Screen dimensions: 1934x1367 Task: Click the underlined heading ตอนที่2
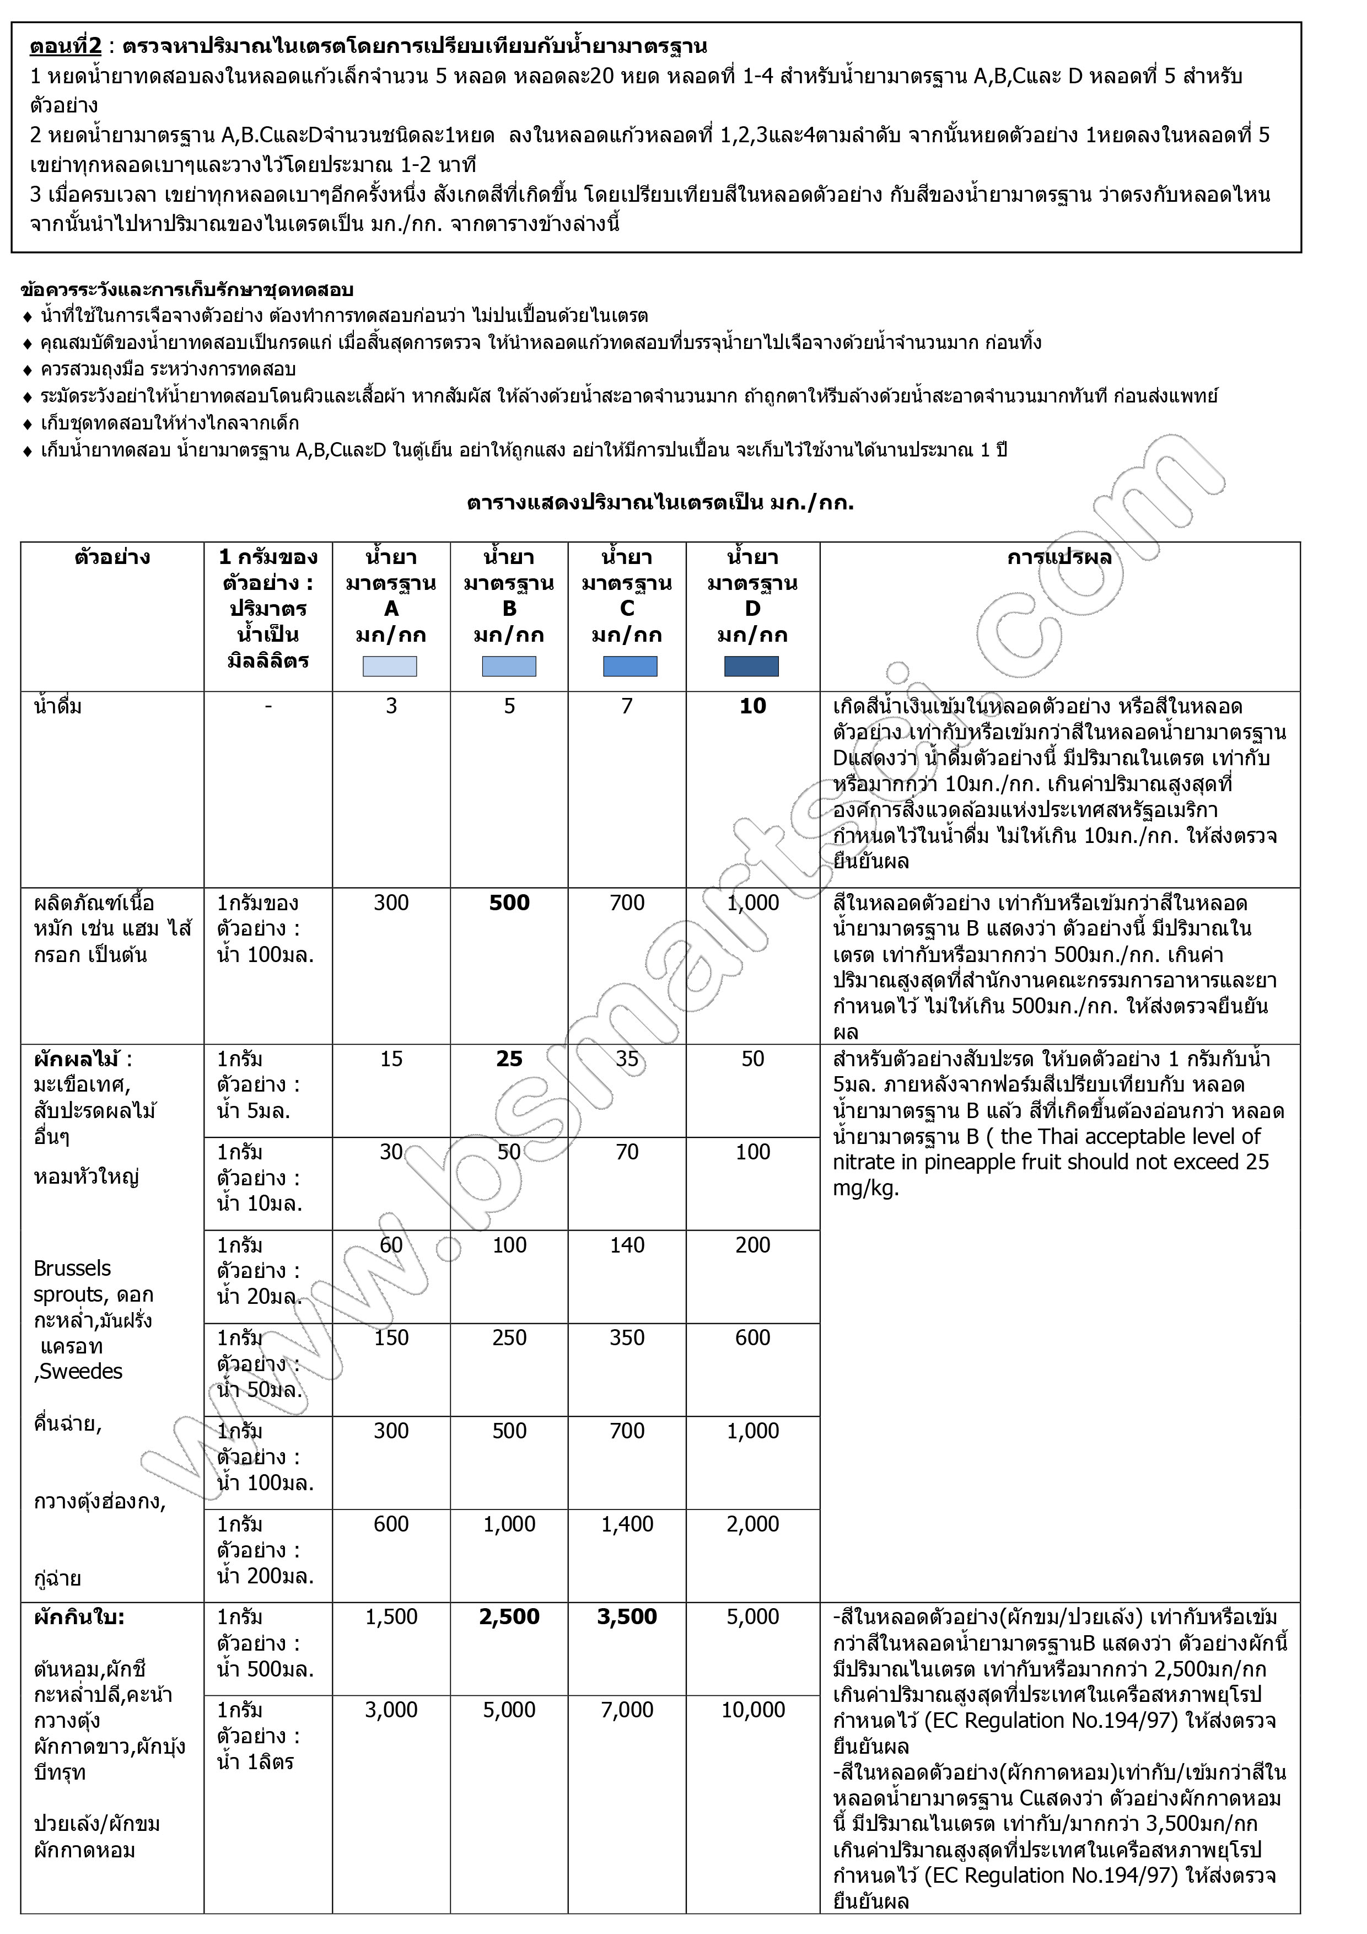click(x=65, y=46)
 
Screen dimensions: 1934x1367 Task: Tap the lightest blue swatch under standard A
click(x=390, y=667)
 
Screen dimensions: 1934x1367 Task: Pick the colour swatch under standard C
click(x=630, y=667)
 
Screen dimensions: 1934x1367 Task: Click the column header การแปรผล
click(x=1059, y=557)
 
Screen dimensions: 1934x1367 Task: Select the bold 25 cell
click(x=509, y=1059)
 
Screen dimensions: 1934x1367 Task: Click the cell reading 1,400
click(x=627, y=1524)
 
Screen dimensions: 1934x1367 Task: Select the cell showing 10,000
click(x=752, y=1710)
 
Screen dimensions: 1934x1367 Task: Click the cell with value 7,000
click(x=627, y=1710)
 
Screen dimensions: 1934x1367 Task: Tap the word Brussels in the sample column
click(x=72, y=1269)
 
